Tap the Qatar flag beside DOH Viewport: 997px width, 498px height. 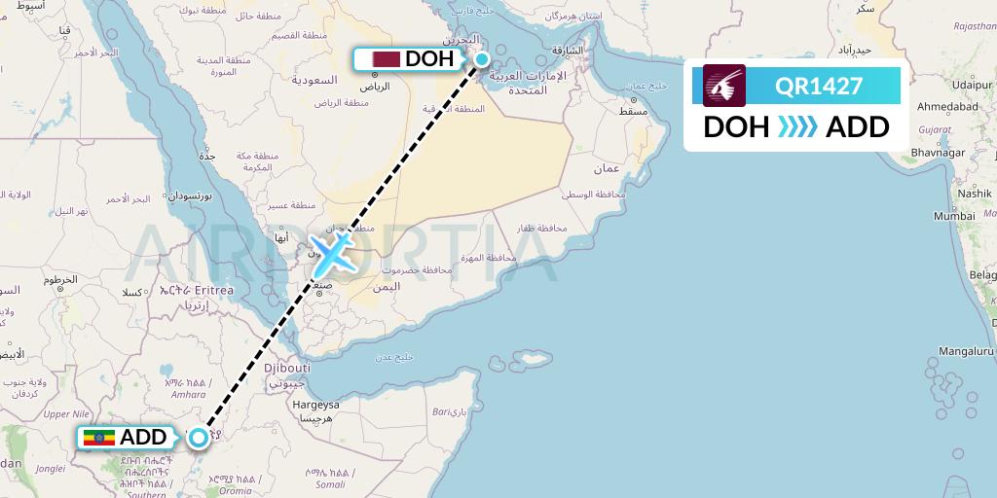tap(387, 59)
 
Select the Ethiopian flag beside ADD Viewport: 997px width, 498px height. tap(99, 438)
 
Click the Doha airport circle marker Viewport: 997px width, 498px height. tap(481, 59)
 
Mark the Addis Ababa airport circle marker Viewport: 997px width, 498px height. tap(199, 437)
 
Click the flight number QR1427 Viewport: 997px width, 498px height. tap(819, 86)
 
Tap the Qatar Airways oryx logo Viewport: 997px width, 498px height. tap(724, 86)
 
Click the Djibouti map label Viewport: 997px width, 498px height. tap(288, 369)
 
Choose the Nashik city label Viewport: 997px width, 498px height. tap(973, 194)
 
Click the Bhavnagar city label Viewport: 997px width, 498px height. tap(938, 153)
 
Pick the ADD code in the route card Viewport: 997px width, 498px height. tap(857, 126)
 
